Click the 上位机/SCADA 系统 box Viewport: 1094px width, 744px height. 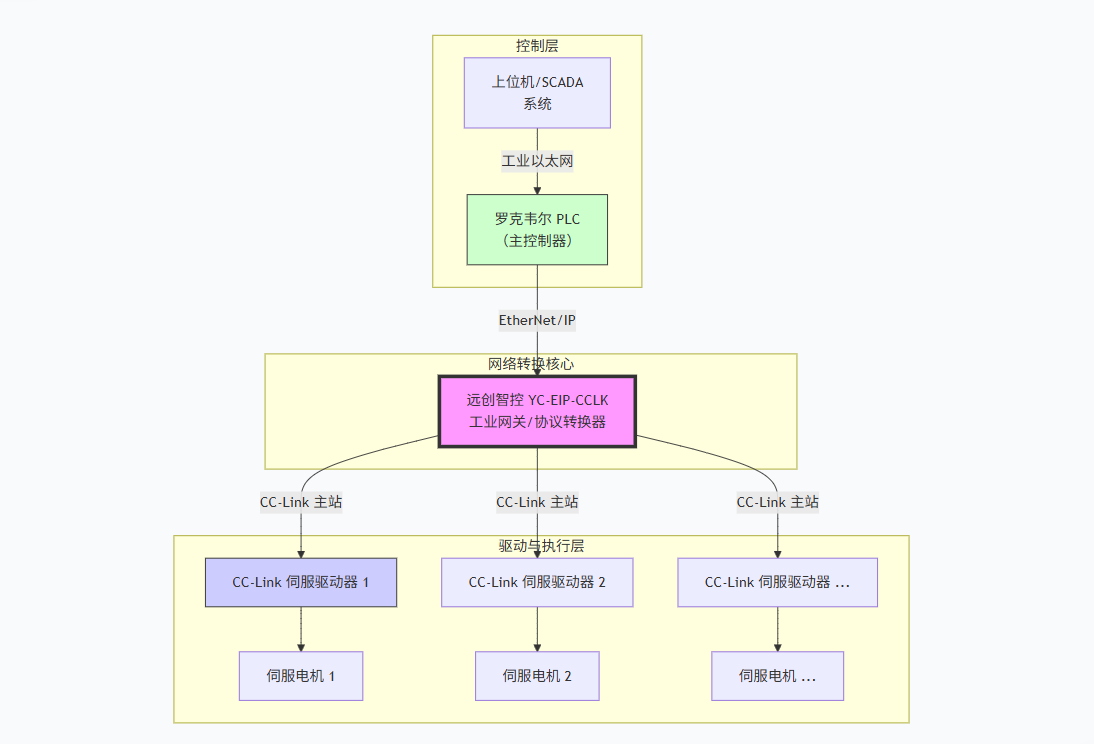click(x=537, y=93)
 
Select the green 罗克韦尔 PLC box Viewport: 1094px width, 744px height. click(x=537, y=229)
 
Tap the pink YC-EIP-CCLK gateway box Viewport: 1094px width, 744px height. click(x=537, y=411)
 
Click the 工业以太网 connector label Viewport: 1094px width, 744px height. click(x=537, y=160)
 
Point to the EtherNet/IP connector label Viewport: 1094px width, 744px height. click(x=537, y=320)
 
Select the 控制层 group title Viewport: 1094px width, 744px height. click(x=537, y=46)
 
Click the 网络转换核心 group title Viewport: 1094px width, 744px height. click(x=531, y=364)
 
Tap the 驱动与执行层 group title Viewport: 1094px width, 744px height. click(x=541, y=546)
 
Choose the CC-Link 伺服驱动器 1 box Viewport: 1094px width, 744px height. click(x=301, y=582)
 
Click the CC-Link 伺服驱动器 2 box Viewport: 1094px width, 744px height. click(x=537, y=582)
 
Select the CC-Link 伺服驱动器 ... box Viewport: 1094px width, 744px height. click(x=777, y=582)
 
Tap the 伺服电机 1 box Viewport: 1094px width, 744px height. click(x=301, y=676)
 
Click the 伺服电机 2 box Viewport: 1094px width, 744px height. click(x=537, y=676)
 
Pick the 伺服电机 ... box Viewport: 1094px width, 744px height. click(x=777, y=676)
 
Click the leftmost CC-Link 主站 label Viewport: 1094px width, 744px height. click(x=301, y=502)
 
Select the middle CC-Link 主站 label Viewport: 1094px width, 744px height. click(x=537, y=502)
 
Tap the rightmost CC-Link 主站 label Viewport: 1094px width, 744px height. click(x=777, y=502)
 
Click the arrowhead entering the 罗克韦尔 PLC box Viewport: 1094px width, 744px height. click(x=537, y=189)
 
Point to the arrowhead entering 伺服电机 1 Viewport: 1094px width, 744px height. click(x=301, y=647)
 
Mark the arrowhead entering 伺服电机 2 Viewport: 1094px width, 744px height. click(x=537, y=647)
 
